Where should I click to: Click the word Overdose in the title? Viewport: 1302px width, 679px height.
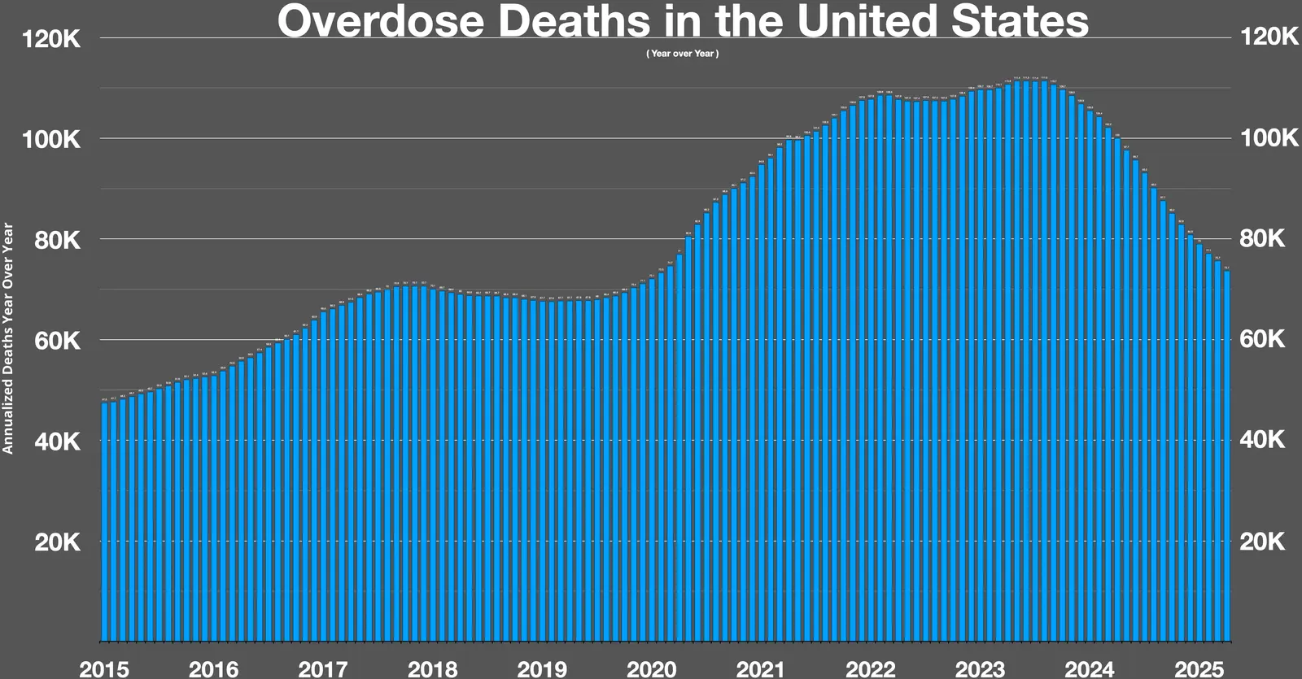click(x=380, y=22)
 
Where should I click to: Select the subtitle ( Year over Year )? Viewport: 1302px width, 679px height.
click(x=682, y=54)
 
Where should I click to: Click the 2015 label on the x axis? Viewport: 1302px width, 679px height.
click(x=104, y=669)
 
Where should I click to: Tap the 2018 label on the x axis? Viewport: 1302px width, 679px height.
click(x=432, y=669)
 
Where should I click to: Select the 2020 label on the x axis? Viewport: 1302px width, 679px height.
click(x=651, y=669)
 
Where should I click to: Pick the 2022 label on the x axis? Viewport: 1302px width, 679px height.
click(x=870, y=669)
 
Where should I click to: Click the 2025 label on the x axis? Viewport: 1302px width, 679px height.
click(x=1199, y=669)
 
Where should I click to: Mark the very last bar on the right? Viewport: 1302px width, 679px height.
click(x=1226, y=455)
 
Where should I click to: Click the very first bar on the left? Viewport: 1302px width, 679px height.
click(x=104, y=520)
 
